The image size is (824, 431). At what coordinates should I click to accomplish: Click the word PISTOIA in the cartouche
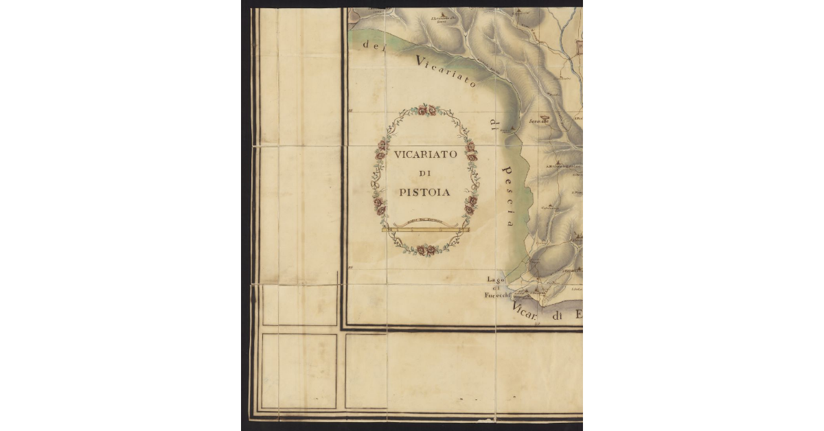click(425, 192)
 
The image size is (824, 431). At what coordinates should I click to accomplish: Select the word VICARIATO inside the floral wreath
click(426, 155)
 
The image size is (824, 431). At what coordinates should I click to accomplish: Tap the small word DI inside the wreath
click(425, 174)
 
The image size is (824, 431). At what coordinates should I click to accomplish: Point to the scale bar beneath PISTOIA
click(425, 229)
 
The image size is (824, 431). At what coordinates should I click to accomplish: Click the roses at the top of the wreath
click(426, 110)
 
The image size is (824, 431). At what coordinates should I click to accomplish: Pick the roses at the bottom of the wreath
click(426, 251)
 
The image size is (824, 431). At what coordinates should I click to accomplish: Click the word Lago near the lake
click(496, 279)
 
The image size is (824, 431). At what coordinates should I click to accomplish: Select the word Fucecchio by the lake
click(496, 296)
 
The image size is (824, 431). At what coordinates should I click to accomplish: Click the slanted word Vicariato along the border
click(446, 72)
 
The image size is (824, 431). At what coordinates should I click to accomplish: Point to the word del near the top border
click(374, 45)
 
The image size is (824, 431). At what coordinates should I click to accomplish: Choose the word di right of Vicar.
click(560, 316)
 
